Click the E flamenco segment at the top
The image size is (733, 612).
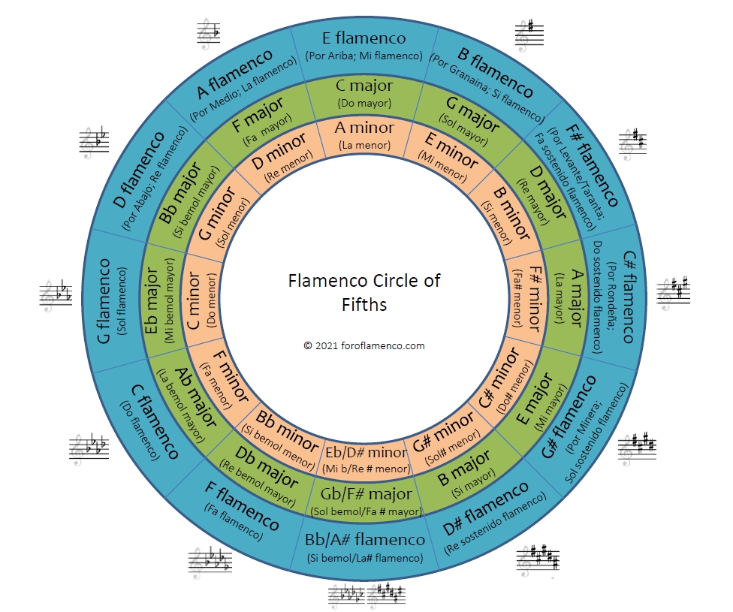[364, 45]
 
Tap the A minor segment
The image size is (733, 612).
[364, 135]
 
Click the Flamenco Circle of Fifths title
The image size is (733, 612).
[364, 291]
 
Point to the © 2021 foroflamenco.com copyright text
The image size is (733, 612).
[364, 345]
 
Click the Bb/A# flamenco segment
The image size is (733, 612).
[365, 547]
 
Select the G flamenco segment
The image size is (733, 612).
[113, 300]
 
